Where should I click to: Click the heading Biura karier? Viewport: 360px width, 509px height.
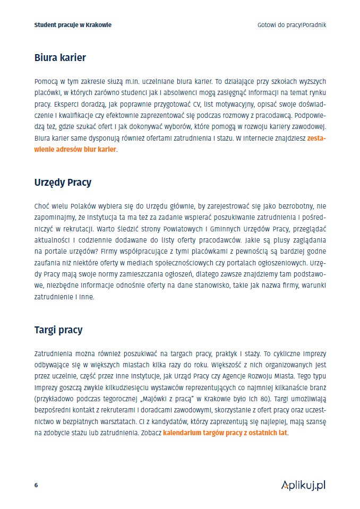[x=59, y=57]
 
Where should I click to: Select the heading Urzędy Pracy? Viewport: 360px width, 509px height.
[x=63, y=182]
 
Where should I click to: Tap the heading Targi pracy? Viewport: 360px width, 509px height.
[x=58, y=330]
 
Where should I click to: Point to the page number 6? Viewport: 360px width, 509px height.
[x=36, y=485]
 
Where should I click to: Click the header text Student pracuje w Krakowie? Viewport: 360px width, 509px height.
[x=72, y=25]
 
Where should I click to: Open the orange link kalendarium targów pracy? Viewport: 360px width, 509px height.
[x=225, y=433]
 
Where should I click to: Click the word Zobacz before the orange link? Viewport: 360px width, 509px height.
[x=149, y=433]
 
